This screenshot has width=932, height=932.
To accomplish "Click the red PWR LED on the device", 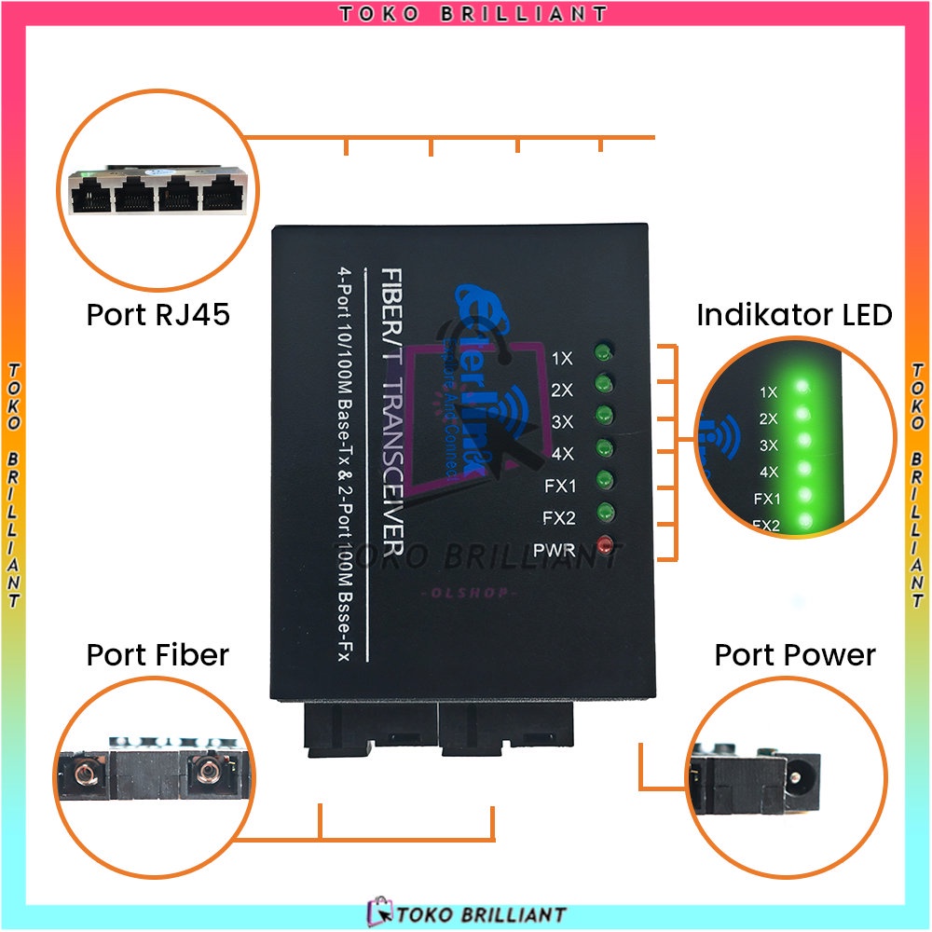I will tap(607, 546).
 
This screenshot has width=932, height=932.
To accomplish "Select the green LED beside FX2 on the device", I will tap(606, 513).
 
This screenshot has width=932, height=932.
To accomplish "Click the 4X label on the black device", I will tap(563, 454).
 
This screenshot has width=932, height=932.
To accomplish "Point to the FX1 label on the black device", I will tap(560, 486).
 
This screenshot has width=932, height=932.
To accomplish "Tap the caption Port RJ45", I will tap(158, 314).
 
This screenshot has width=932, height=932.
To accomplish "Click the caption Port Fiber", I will tap(158, 654).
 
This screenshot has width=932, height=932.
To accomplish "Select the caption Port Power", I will tap(795, 654).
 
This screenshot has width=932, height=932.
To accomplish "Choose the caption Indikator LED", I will tap(794, 314).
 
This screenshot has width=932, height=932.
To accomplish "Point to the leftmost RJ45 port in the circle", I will tap(91, 198).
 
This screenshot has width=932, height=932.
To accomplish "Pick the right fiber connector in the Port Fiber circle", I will tap(208, 772).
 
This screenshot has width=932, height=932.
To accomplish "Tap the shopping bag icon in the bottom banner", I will tap(379, 912).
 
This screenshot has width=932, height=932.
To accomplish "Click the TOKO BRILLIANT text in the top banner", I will tap(473, 13).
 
